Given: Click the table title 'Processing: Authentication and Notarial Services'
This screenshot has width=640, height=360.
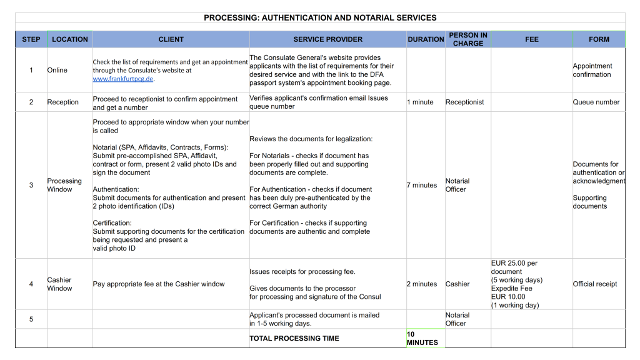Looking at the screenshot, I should [x=320, y=17].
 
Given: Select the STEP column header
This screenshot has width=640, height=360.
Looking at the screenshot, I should [x=31, y=39].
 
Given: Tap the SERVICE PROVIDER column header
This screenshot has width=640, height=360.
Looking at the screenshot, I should [x=327, y=39].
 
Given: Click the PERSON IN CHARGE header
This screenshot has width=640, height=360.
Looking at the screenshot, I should [x=467, y=39].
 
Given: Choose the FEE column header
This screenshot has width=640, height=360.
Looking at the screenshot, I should [x=531, y=39].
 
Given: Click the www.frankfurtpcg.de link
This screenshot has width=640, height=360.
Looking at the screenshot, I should [x=123, y=79].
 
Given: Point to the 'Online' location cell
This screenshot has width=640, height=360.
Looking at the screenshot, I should [x=57, y=70].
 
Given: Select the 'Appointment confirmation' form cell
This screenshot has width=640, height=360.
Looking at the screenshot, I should [x=592, y=70].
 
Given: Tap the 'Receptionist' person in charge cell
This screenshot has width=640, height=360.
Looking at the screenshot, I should [x=464, y=102].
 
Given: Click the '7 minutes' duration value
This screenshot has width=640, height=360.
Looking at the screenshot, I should [x=422, y=185].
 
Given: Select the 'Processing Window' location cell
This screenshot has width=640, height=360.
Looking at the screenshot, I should [x=64, y=185].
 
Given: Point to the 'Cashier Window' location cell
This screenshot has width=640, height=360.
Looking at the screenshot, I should [x=59, y=284].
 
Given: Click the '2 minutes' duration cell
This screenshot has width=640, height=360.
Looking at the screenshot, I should [x=422, y=284].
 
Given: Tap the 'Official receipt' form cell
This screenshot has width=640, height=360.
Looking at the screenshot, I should [x=594, y=284].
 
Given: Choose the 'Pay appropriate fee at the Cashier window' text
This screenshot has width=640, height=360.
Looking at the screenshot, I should [x=159, y=284].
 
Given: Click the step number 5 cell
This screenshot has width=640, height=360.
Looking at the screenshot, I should [x=31, y=319].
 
